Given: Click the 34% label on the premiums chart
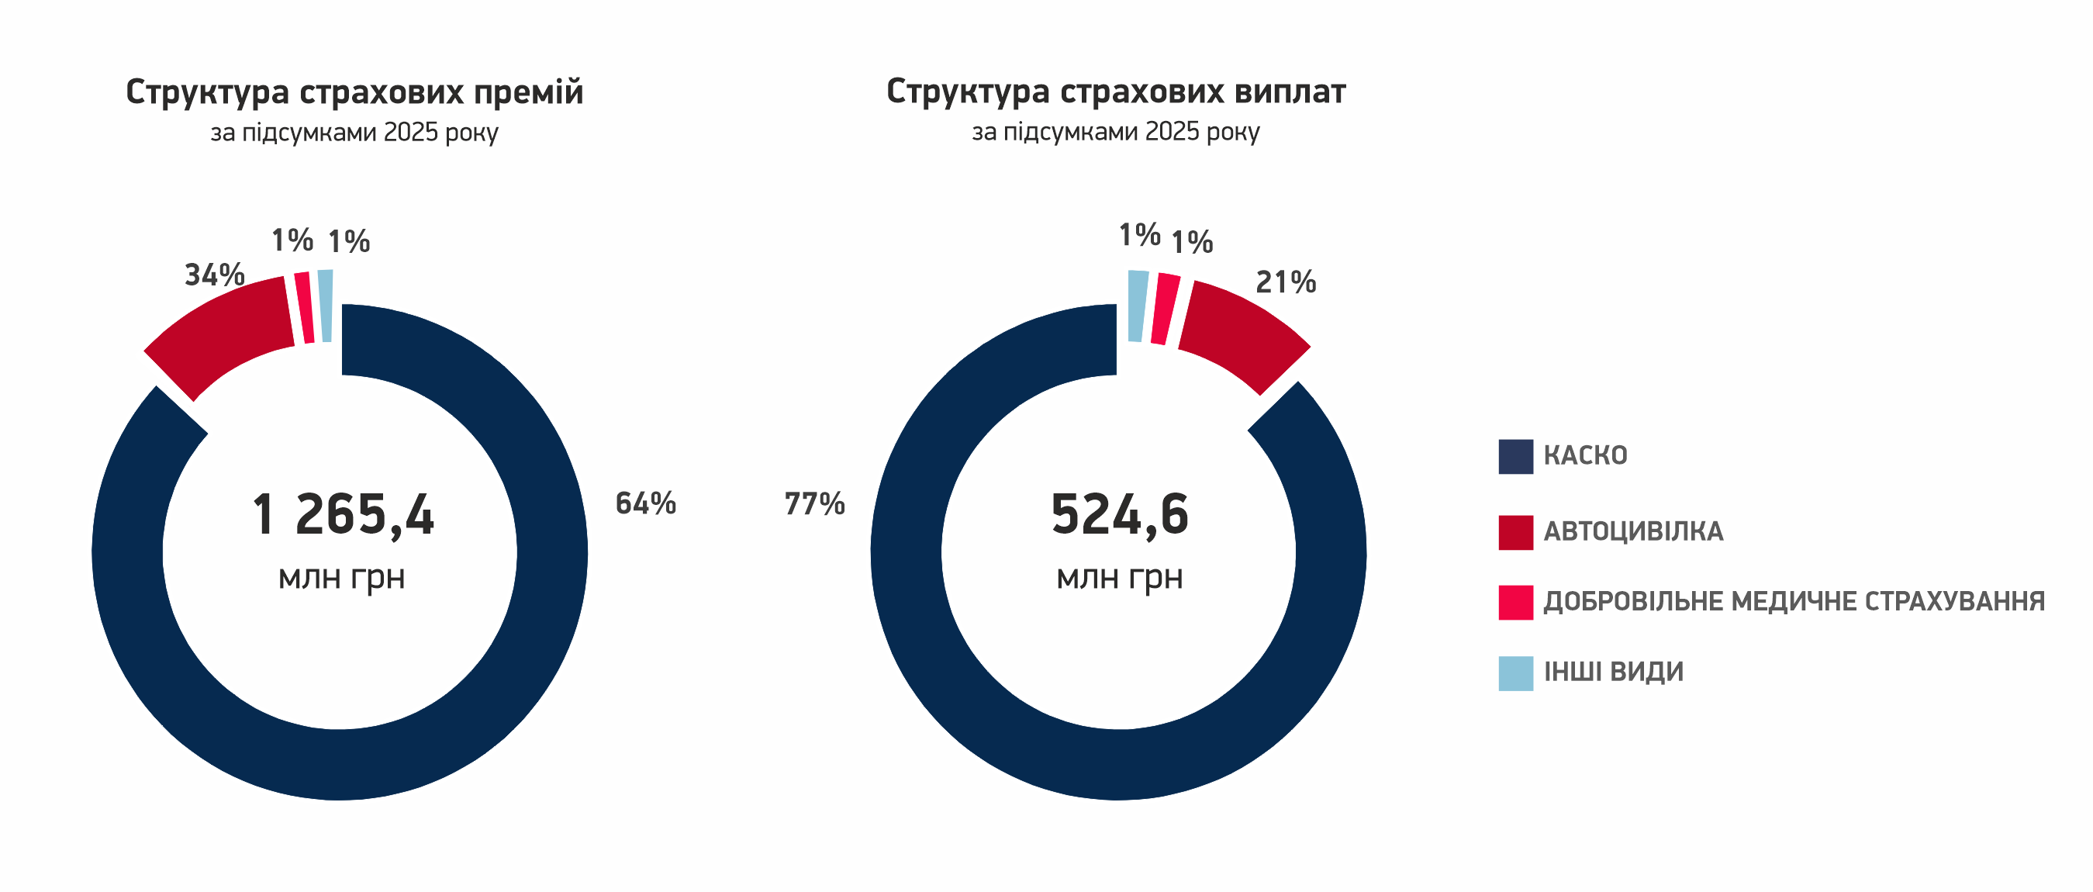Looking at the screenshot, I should coord(215,275).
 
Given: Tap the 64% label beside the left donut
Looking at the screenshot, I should coord(645,503).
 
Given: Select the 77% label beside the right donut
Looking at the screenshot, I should coord(814,503).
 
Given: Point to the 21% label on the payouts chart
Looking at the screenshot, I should coord(1286,282).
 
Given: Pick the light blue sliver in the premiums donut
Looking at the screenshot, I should coord(326,306).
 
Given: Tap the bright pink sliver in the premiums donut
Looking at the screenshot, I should coord(305,308).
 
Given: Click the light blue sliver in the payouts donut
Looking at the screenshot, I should coord(1138,306).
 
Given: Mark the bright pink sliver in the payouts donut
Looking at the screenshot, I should coord(1164,309).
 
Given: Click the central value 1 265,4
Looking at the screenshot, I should coord(342,515).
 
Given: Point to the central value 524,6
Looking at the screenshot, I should coord(1119,515).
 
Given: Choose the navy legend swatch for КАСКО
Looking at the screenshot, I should coord(1515,457).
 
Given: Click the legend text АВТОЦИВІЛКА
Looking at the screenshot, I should coord(1633,532).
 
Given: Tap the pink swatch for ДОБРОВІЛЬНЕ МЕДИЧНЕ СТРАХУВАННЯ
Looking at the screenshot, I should coord(1515,603).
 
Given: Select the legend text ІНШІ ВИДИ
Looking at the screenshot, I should coord(1613,672).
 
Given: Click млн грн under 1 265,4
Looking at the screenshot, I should coord(341,578).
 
